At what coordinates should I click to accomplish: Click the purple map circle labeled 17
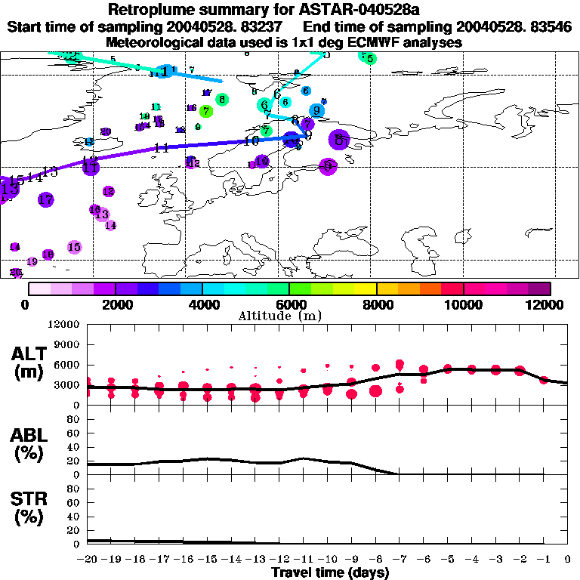pos(46,199)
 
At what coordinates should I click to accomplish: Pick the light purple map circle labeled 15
pos(74,247)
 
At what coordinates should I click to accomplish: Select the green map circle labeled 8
pos(221,99)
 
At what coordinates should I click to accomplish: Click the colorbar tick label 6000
pos(290,304)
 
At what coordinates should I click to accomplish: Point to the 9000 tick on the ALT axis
pos(67,344)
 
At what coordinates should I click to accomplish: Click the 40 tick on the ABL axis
pos(73,447)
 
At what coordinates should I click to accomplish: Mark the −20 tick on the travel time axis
pos(88,559)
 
